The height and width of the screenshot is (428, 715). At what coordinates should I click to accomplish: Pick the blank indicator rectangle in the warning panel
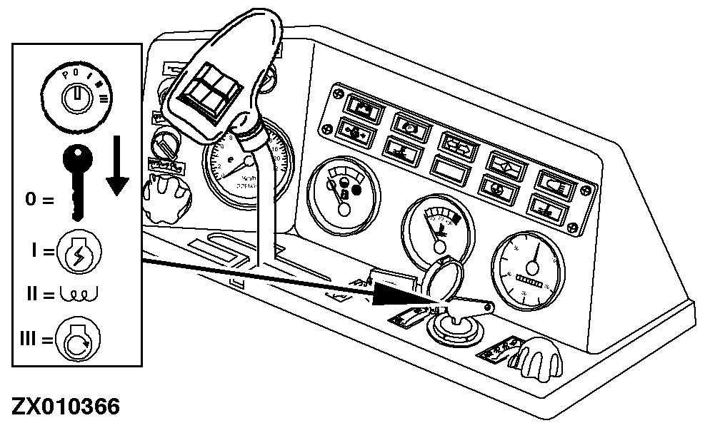pos(453,171)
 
